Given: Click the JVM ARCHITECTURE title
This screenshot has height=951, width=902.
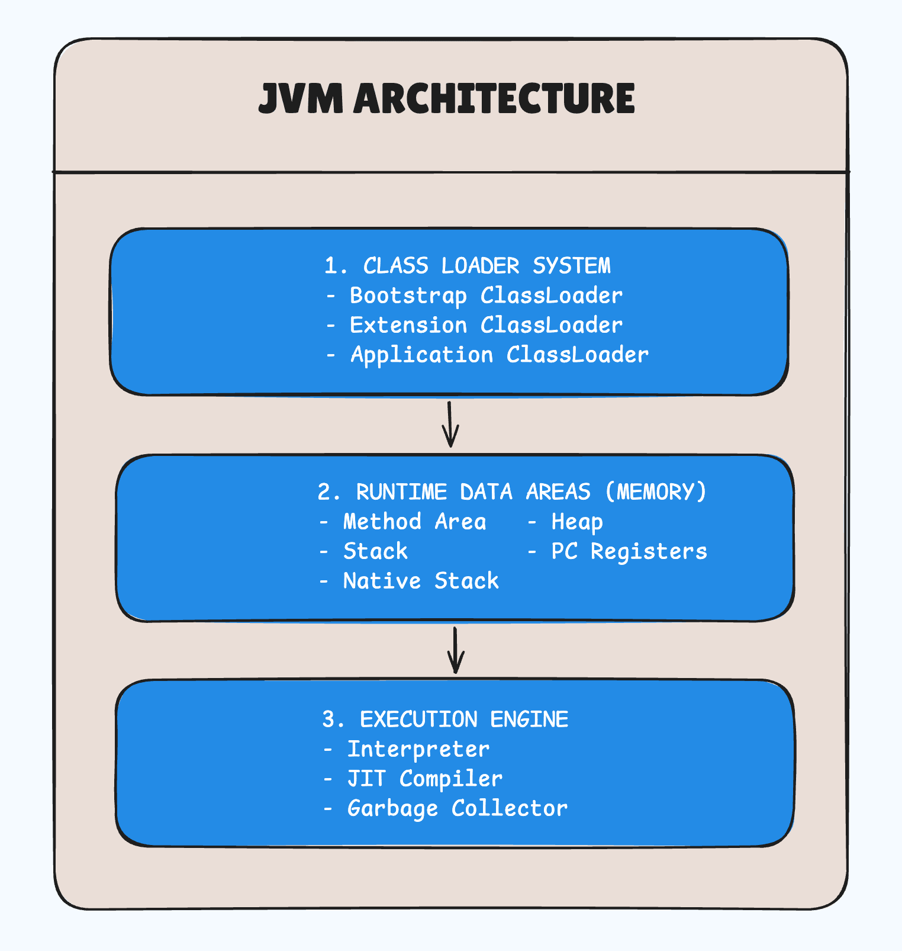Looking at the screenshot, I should pyautogui.click(x=447, y=99).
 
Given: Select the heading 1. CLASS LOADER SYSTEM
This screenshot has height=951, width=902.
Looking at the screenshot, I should pyautogui.click(x=468, y=266).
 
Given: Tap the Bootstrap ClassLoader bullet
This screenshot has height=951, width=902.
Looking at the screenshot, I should pyautogui.click(x=485, y=295).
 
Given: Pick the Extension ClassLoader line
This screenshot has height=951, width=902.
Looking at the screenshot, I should pyautogui.click(x=485, y=325).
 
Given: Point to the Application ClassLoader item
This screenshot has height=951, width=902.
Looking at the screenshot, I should pyautogui.click(x=499, y=355).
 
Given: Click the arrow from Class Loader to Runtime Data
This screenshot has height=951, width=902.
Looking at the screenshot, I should pyautogui.click(x=450, y=424).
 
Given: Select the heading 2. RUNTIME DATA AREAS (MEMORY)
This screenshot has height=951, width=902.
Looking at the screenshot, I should pyautogui.click(x=513, y=492).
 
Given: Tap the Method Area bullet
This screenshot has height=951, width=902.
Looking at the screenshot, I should pyautogui.click(x=414, y=522).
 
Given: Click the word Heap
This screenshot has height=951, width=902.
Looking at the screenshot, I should pyautogui.click(x=577, y=522).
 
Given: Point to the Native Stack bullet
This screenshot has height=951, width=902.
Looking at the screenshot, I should pyautogui.click(x=421, y=581).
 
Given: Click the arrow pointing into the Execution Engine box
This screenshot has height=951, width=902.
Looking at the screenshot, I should pyautogui.click(x=455, y=650).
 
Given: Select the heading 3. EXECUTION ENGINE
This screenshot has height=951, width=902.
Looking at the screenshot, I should pyautogui.click(x=445, y=719).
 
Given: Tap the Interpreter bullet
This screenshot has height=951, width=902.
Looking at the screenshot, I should pyautogui.click(x=418, y=749).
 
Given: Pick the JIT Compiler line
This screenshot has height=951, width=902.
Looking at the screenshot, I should pyautogui.click(x=424, y=779).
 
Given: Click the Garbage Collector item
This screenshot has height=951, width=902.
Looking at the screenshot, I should pyautogui.click(x=457, y=808).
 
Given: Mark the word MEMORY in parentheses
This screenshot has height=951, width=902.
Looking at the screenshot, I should pyautogui.click(x=656, y=492).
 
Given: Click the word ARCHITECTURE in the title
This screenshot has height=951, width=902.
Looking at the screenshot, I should pyautogui.click(x=494, y=99).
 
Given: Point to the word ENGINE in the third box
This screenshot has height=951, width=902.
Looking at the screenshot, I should pyautogui.click(x=529, y=719).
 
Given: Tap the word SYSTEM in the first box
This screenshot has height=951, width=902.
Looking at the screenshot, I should pyautogui.click(x=571, y=266).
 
